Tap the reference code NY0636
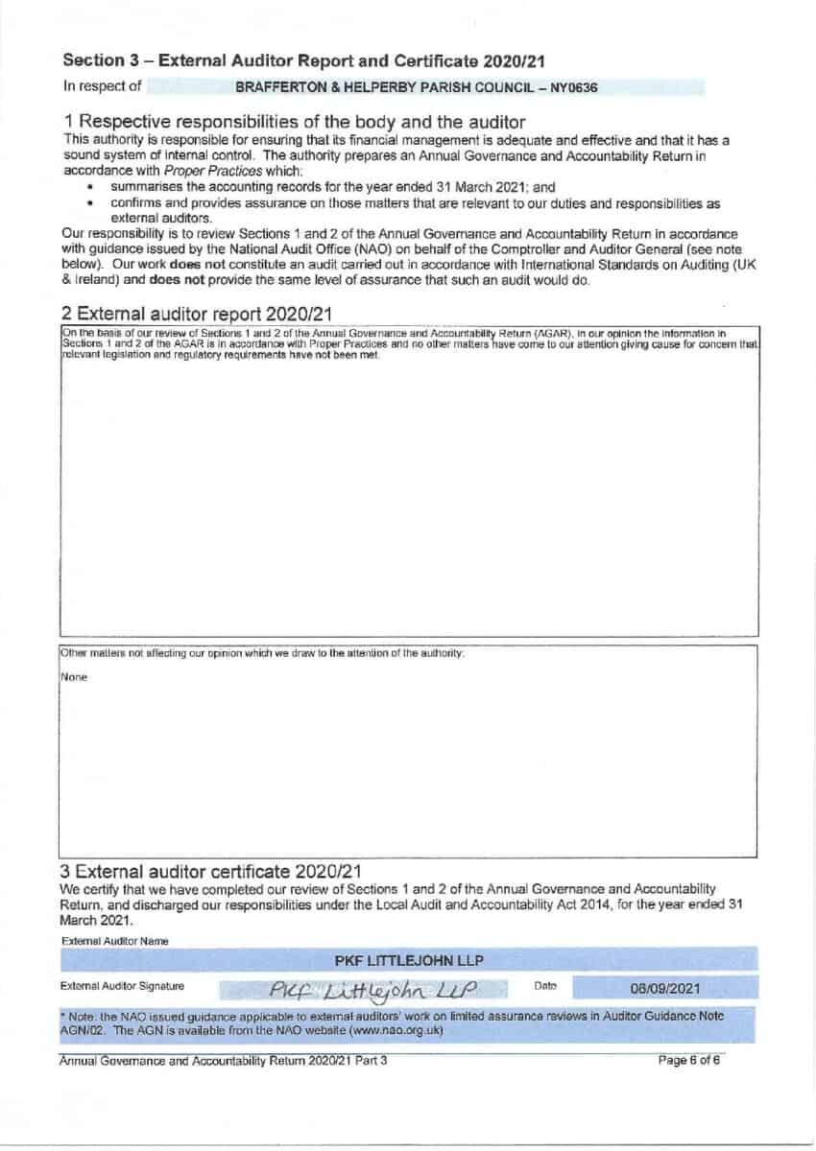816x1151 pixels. [576, 87]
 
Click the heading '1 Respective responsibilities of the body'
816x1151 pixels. [294, 122]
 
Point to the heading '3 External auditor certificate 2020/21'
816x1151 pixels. [211, 871]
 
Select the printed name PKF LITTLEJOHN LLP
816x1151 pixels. [409, 960]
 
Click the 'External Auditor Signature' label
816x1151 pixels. [122, 985]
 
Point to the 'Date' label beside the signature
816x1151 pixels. [544, 985]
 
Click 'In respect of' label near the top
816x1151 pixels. [102, 86]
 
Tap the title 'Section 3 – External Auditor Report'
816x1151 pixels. [304, 60]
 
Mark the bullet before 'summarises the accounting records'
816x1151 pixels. [91, 187]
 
